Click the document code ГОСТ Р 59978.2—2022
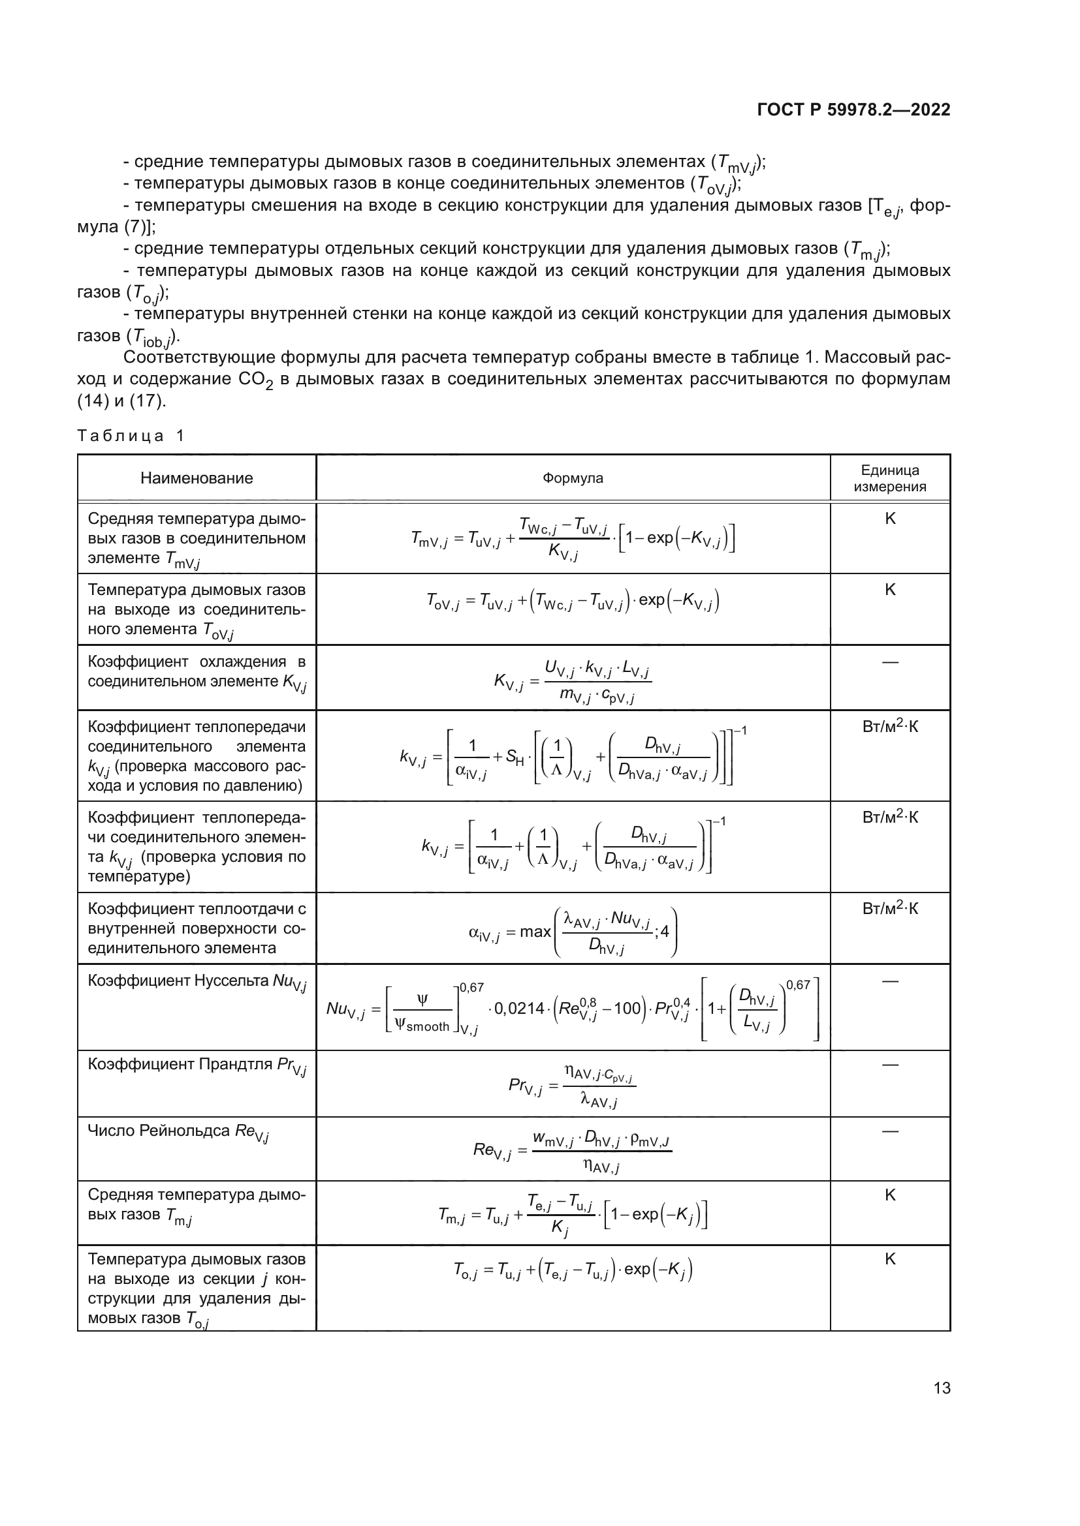point(853,110)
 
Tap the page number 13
point(942,1388)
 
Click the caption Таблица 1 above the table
point(131,436)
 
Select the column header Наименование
point(196,478)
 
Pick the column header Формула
point(573,478)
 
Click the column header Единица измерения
point(890,478)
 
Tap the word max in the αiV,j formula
point(535,932)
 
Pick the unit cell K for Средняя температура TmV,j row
point(890,519)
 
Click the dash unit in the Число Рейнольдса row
point(890,1131)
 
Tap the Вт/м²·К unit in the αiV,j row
point(890,909)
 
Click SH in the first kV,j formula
point(514,756)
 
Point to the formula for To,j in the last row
point(573,1270)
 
